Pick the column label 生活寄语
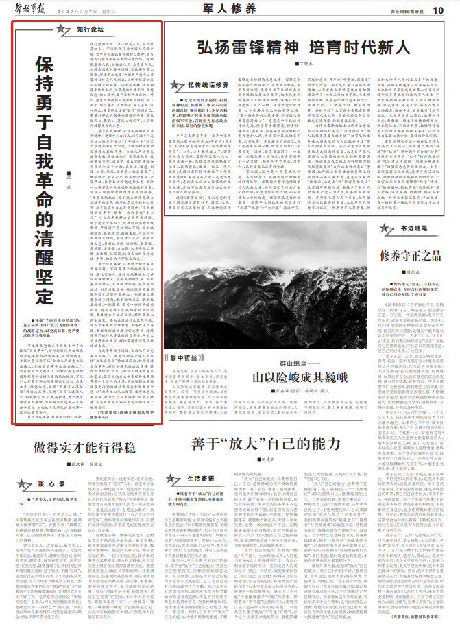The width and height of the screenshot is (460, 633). (x=204, y=496)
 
